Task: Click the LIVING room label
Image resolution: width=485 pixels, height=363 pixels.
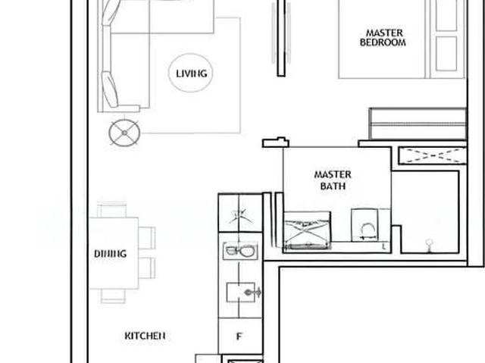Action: [191, 74]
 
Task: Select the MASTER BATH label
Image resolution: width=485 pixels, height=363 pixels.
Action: [333, 180]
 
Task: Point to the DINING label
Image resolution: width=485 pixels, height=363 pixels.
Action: [110, 254]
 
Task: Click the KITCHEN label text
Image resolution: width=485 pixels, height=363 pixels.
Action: [145, 335]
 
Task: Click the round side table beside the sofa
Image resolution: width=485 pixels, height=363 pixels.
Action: [124, 133]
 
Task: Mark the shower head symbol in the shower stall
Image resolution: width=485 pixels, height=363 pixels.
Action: [429, 244]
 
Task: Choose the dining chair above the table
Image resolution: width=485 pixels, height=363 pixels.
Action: [113, 210]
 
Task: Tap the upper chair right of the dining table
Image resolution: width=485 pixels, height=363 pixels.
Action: [146, 237]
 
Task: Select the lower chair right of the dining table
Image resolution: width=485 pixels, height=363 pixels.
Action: [146, 268]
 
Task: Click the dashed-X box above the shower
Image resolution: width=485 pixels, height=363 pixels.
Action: [432, 155]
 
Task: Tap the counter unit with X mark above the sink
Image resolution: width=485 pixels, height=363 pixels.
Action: [240, 215]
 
